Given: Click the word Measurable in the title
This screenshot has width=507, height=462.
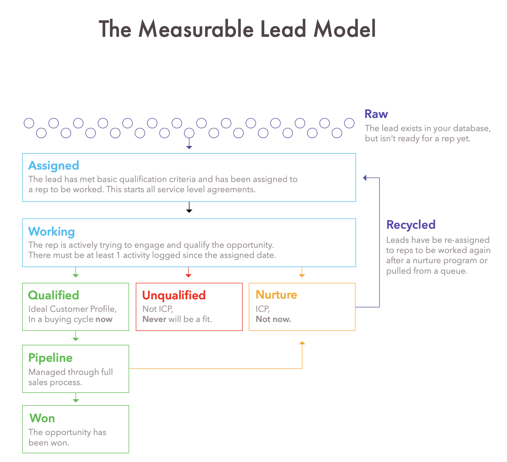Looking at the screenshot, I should click(196, 29).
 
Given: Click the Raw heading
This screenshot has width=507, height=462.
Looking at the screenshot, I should click(376, 114).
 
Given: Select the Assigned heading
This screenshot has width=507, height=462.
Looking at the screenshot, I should click(53, 165).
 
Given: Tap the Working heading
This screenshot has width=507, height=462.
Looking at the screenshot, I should click(51, 231).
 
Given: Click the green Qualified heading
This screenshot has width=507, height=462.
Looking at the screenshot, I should click(53, 295).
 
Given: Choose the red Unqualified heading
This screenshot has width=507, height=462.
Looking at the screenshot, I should click(174, 295).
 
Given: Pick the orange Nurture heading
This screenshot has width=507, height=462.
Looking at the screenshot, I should click(276, 295).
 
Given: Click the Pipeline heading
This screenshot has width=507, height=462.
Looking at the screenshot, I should click(50, 358).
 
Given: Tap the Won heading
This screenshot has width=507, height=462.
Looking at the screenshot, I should click(42, 418).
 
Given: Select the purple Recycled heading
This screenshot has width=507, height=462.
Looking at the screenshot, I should click(411, 225).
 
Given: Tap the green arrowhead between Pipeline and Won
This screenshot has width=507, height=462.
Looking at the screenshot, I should click(75, 400).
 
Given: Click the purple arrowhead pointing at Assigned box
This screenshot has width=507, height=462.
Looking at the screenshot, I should click(365, 178).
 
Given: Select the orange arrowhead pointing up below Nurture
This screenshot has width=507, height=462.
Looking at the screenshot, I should click(302, 343).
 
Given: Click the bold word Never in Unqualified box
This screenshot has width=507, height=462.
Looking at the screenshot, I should click(154, 319).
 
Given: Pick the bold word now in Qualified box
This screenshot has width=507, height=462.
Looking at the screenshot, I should click(104, 319).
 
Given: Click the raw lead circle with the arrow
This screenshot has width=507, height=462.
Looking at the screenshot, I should click(189, 133).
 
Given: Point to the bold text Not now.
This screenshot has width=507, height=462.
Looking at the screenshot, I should click(273, 319).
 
